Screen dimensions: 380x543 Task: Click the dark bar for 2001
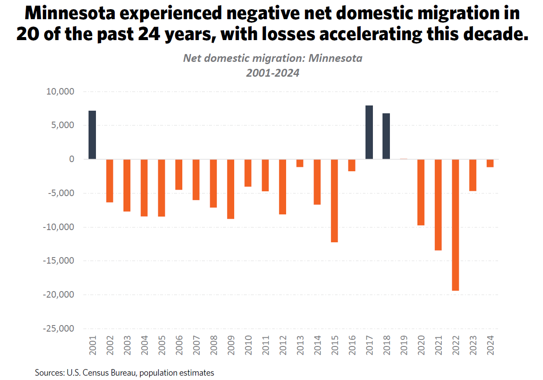(92, 135)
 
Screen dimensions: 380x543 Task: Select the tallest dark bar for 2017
(369, 132)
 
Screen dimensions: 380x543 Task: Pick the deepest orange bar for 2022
(455, 225)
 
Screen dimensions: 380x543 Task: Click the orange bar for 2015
(334, 200)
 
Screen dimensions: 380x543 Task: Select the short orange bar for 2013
(300, 163)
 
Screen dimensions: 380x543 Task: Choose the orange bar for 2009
(231, 189)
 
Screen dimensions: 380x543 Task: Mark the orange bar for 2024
(490, 163)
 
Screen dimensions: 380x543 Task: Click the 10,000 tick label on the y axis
(60, 92)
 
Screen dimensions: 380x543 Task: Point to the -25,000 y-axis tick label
(58, 329)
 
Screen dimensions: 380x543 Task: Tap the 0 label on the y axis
(72, 159)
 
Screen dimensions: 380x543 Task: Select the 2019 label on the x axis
(403, 345)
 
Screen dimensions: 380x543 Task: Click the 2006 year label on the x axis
(179, 345)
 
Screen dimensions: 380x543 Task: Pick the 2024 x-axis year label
(490, 345)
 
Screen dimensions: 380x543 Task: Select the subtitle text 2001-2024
(273, 73)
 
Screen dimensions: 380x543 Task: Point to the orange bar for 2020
(420, 192)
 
